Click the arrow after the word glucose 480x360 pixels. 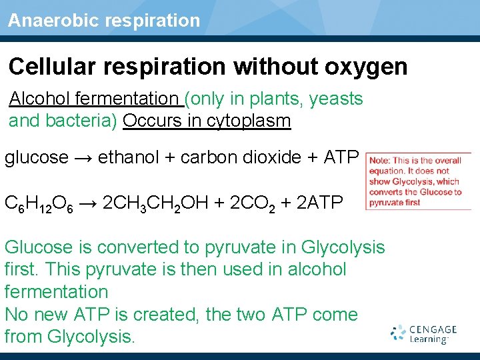pyautogui.click(x=83, y=157)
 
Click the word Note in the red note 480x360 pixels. pyautogui.click(x=379, y=160)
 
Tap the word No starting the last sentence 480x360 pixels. pyautogui.click(x=16, y=315)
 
